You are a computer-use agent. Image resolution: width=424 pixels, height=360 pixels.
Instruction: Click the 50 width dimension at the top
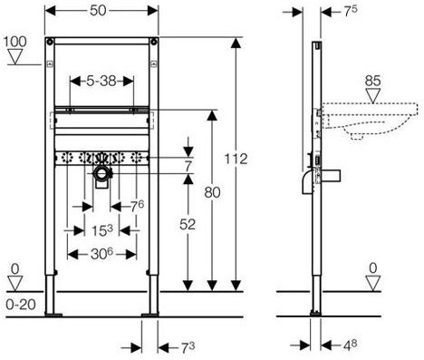click(x=98, y=11)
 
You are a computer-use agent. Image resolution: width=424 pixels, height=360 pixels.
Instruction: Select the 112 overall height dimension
click(x=236, y=159)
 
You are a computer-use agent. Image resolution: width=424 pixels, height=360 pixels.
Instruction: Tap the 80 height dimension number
click(x=212, y=192)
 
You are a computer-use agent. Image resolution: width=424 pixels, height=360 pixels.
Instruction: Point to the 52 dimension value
click(x=188, y=224)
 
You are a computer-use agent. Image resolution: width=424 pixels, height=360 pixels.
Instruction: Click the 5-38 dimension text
click(x=101, y=81)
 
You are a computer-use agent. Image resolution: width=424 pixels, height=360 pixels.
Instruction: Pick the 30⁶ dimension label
click(x=101, y=254)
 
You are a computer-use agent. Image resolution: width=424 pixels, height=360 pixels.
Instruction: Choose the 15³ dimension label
click(x=102, y=231)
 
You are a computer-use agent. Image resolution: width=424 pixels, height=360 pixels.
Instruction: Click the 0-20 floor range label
click(x=21, y=305)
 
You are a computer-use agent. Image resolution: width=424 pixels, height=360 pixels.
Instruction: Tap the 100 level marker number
click(x=15, y=42)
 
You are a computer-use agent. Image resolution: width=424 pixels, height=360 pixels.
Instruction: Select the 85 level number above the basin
click(x=372, y=81)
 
